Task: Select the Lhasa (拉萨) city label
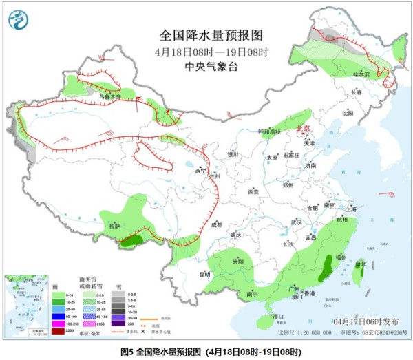115,226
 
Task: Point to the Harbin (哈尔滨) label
361,74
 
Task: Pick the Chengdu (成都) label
217,224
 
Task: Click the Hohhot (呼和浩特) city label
270,131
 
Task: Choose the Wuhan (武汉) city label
297,222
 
